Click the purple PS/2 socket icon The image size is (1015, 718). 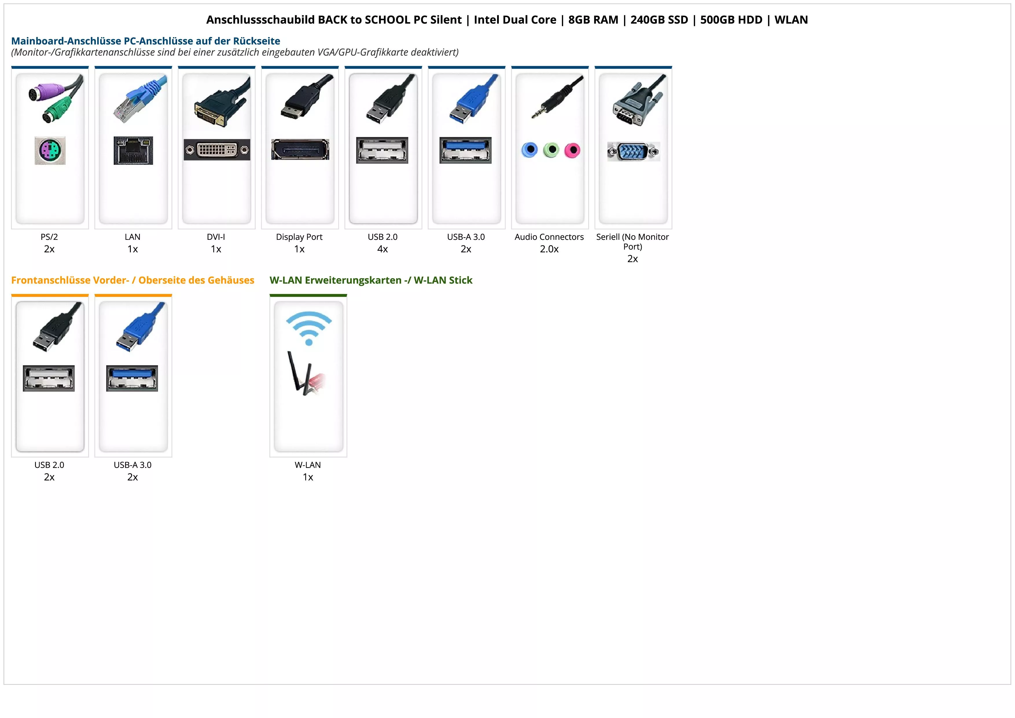click(50, 150)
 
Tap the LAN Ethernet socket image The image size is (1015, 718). click(133, 150)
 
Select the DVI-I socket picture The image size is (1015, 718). click(217, 150)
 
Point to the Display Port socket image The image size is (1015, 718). click(300, 149)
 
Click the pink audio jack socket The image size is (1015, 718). click(572, 150)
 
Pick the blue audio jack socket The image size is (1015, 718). click(529, 150)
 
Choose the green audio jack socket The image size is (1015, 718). click(551, 150)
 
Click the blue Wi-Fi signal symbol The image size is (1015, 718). click(308, 328)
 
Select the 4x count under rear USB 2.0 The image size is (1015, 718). click(383, 249)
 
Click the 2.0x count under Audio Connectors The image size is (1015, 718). click(549, 249)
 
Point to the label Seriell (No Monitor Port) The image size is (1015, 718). click(632, 242)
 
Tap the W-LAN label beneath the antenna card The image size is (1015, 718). click(308, 465)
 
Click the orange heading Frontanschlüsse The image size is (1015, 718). click(133, 280)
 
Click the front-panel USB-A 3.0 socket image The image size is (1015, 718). click(132, 378)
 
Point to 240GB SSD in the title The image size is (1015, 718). click(659, 20)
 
